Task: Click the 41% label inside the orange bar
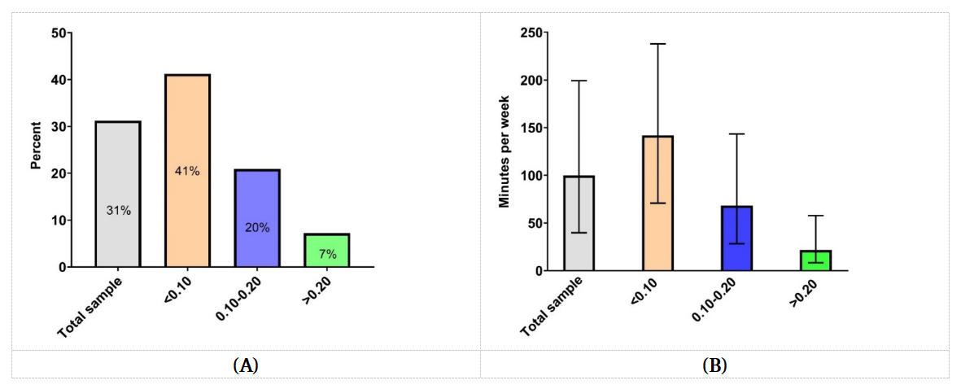(187, 171)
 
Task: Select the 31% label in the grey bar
(118, 210)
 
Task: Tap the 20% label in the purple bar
(257, 228)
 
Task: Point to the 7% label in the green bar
(327, 253)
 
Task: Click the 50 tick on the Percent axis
(59, 33)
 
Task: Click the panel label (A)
(246, 365)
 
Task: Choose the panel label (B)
(714, 365)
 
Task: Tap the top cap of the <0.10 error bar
(657, 44)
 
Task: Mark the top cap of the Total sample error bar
(579, 81)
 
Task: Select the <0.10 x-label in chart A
(177, 290)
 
